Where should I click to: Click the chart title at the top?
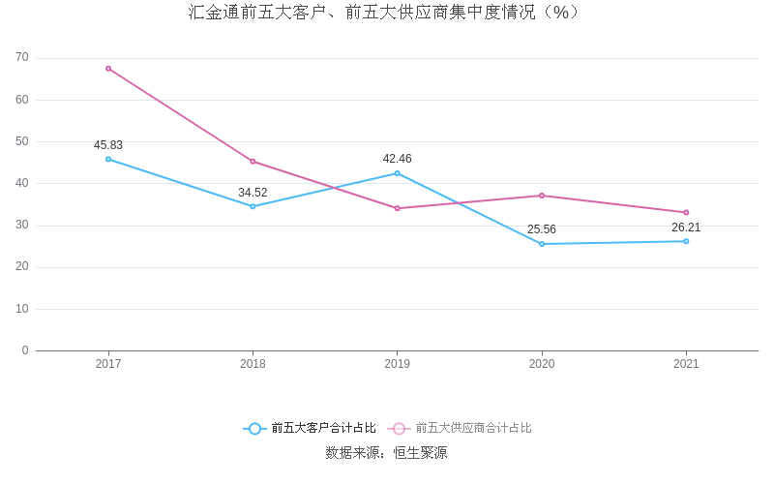386,13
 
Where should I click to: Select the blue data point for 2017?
108,159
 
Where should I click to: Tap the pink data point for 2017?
108,69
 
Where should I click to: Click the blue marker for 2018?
253,206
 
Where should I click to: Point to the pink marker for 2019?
397,208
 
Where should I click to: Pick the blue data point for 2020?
542,244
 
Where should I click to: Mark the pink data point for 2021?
686,212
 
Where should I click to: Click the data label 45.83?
108,145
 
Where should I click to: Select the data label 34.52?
253,193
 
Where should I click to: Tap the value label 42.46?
397,159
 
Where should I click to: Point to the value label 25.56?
542,229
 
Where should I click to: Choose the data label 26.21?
686,227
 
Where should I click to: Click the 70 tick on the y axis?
22,58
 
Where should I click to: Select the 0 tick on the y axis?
25,350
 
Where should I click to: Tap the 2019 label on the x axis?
397,364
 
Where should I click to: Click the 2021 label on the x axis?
686,364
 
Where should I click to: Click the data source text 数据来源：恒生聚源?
386,452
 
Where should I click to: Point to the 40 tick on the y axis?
22,183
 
